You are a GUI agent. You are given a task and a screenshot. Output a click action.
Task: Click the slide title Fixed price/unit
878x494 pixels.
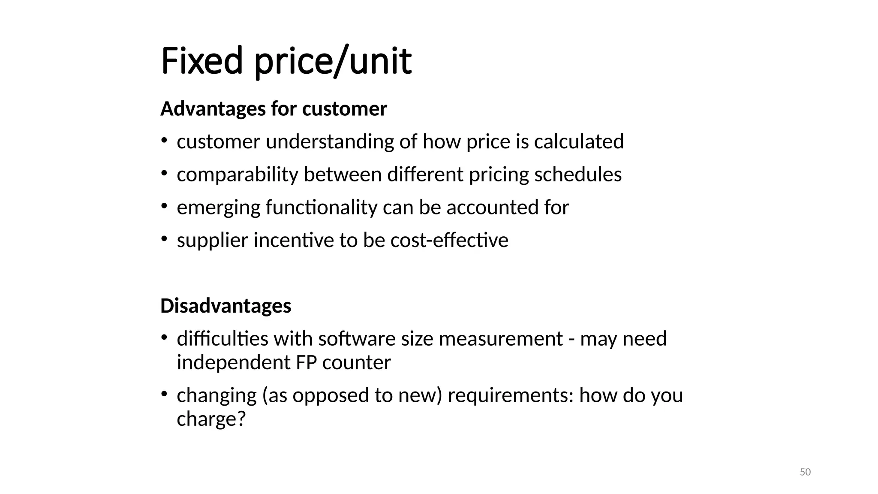pyautogui.click(x=286, y=61)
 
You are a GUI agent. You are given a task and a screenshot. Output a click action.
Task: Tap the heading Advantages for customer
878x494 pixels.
pyautogui.click(x=274, y=109)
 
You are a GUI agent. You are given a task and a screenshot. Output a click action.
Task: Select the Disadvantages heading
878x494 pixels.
pyautogui.click(x=226, y=306)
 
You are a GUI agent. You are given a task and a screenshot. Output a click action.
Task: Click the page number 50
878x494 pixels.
pyautogui.click(x=805, y=472)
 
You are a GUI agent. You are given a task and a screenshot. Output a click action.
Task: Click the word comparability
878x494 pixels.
pyautogui.click(x=237, y=175)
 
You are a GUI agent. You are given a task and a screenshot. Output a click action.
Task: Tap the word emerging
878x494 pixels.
pyautogui.click(x=218, y=208)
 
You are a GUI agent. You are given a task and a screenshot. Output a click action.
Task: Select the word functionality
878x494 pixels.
pyautogui.click(x=321, y=208)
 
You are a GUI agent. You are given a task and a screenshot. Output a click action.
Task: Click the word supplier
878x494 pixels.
pyautogui.click(x=212, y=241)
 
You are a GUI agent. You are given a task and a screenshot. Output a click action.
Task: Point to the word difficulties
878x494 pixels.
pyautogui.click(x=223, y=339)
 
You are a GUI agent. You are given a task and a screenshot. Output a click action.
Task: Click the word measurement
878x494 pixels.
pyautogui.click(x=500, y=339)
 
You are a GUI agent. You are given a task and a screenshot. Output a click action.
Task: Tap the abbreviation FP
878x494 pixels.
pyautogui.click(x=306, y=363)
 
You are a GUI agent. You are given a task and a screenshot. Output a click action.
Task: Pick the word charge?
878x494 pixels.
pyautogui.click(x=211, y=419)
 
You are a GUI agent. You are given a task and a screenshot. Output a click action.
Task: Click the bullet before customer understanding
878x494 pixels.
pyautogui.click(x=164, y=141)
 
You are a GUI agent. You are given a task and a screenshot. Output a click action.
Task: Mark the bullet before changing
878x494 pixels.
pyautogui.click(x=164, y=394)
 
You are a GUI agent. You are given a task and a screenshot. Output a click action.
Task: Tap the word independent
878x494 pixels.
pyautogui.click(x=234, y=363)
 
